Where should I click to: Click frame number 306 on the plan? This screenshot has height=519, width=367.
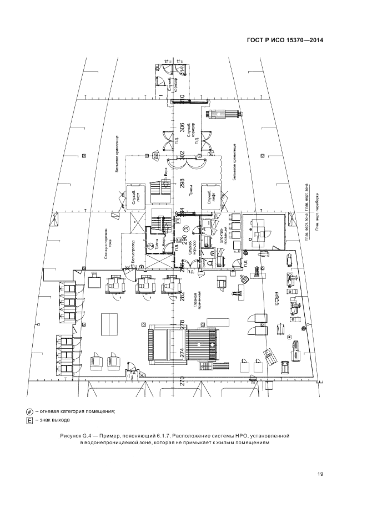click(x=182, y=128)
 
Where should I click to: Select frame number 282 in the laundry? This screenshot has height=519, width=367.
click(x=182, y=296)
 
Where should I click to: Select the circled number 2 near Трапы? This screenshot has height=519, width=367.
click(x=150, y=246)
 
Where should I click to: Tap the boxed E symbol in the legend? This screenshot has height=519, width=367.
click(x=29, y=421)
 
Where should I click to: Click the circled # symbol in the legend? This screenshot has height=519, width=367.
click(x=29, y=411)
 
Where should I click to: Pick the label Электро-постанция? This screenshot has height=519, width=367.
click(x=224, y=235)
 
